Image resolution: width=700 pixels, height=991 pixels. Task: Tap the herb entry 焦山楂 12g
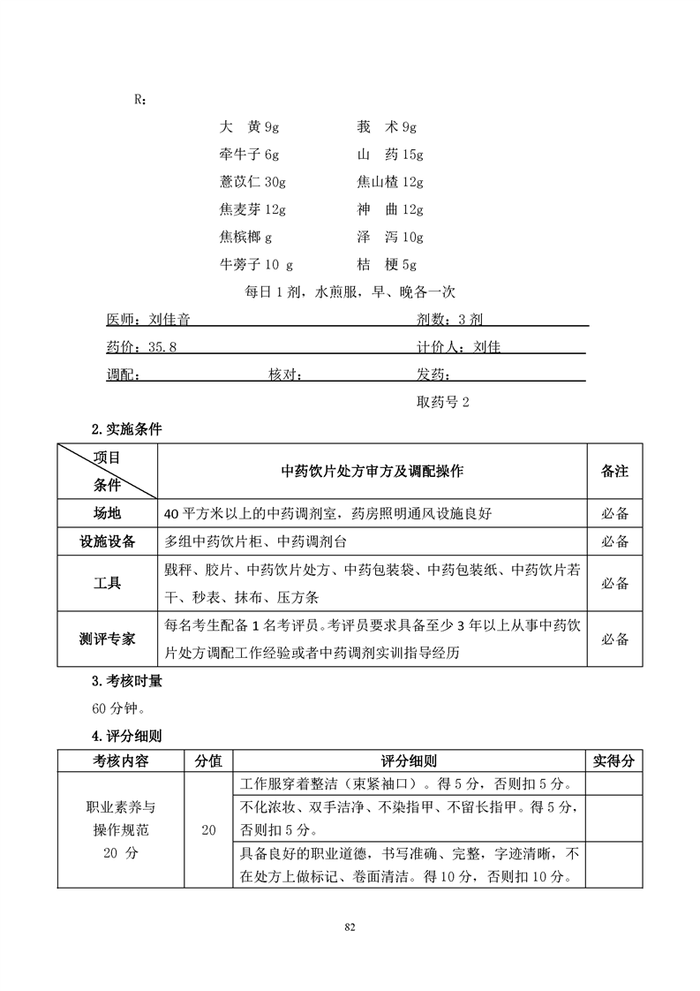[389, 183]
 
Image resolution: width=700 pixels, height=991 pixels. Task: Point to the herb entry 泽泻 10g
[389, 238]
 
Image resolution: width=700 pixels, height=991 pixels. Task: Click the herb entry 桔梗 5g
[386, 265]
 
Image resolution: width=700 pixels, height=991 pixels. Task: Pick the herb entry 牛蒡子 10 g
[256, 265]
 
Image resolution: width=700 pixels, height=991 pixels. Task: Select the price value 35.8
[162, 347]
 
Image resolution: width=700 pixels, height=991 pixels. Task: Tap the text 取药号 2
[442, 402]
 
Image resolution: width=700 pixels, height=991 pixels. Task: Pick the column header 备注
[614, 472]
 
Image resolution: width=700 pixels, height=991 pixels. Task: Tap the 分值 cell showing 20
[208, 829]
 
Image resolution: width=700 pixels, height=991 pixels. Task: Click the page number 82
[350, 927]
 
